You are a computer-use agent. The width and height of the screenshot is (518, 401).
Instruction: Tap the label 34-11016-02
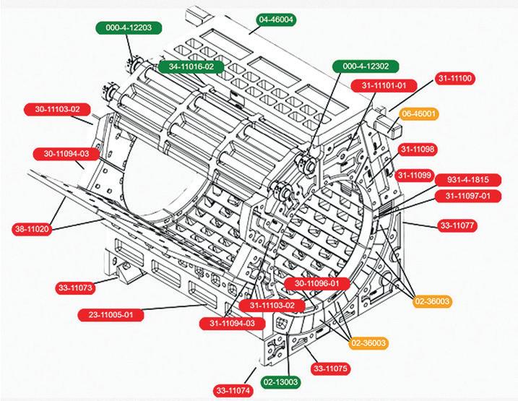[191, 66]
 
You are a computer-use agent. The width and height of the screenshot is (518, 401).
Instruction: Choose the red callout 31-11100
[454, 79]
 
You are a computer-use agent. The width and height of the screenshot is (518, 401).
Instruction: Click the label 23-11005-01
[111, 315]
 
